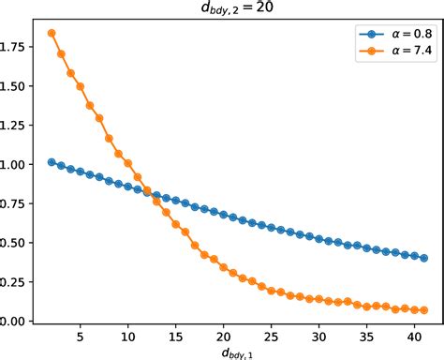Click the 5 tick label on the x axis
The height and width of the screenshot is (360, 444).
pos(80,335)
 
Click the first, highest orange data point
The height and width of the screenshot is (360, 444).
pos(52,33)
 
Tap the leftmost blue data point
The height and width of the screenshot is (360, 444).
pos(52,162)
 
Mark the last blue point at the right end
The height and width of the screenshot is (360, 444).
pos(424,258)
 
